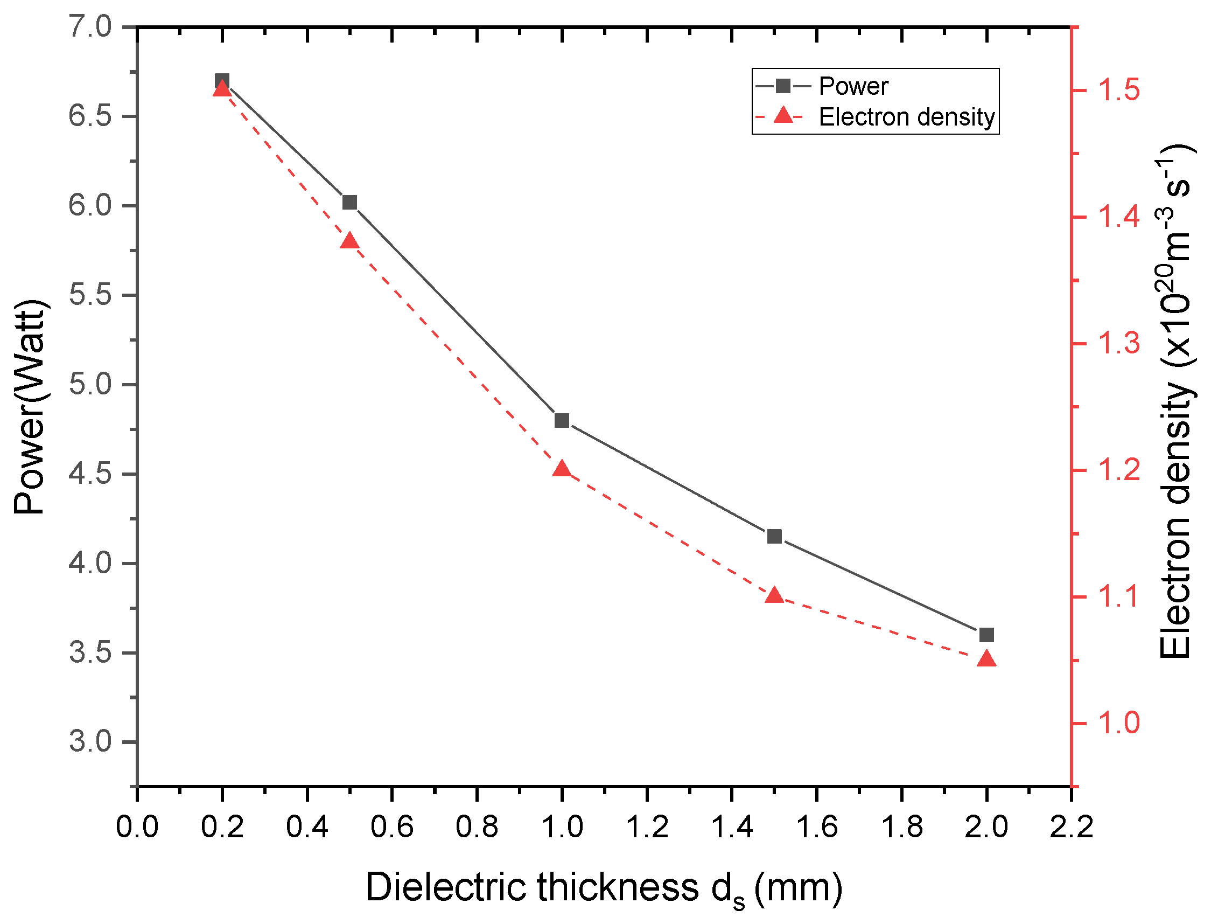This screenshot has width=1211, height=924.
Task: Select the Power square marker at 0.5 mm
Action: click(349, 203)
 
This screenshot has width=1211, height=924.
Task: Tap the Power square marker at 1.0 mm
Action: click(562, 421)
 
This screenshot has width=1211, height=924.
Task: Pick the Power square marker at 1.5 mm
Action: click(774, 536)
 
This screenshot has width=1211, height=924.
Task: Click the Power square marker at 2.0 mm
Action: click(986, 635)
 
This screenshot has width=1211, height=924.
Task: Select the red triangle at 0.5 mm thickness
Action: click(349, 242)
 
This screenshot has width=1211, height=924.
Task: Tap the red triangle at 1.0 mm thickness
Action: click(562, 469)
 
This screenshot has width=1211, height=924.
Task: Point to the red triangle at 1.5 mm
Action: click(774, 596)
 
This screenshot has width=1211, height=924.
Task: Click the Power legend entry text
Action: click(853, 86)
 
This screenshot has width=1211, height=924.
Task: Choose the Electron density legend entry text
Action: click(906, 117)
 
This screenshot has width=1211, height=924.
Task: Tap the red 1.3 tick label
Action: click(1118, 344)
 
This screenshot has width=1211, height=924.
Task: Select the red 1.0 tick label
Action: click(1118, 723)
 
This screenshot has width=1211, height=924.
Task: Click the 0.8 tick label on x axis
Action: click(477, 826)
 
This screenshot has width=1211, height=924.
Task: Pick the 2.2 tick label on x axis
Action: click(1072, 826)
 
